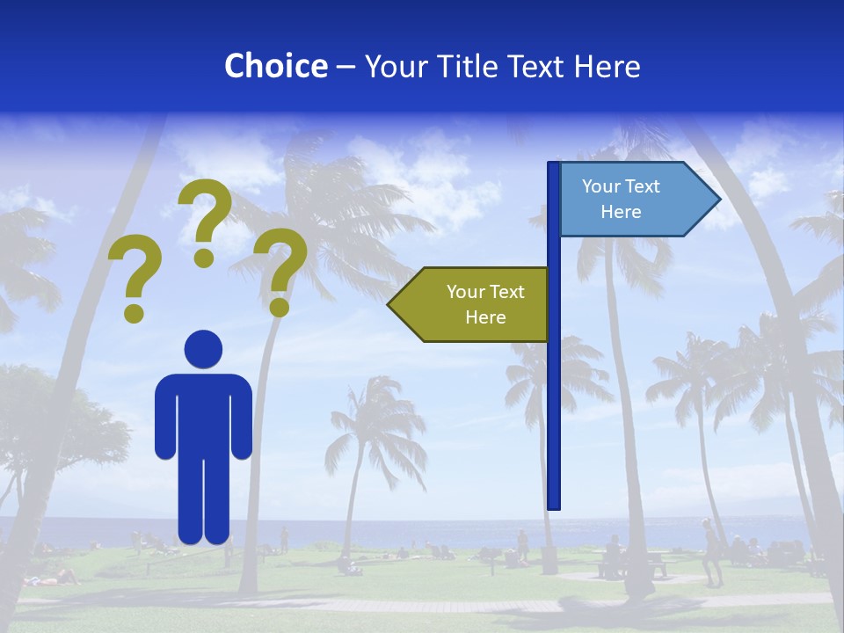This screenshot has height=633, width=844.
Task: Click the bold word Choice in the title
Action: [275, 66]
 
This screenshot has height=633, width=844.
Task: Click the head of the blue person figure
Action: [204, 349]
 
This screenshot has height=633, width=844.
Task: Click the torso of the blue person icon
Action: [204, 413]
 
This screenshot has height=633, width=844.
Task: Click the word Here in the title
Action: [607, 66]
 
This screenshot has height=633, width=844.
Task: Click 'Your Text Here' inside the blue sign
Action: [621, 199]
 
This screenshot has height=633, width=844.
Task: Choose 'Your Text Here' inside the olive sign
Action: [485, 304]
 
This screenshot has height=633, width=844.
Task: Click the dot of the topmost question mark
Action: [204, 258]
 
